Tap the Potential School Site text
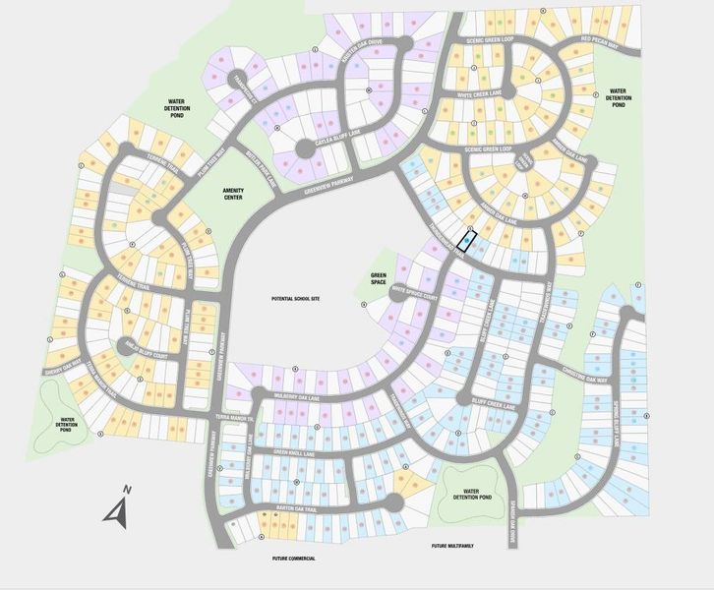[x=297, y=296]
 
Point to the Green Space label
[x=378, y=277]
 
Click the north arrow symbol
[x=118, y=506]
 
